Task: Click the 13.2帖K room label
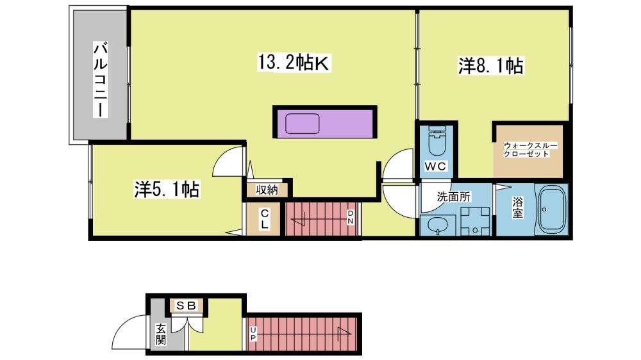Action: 294,63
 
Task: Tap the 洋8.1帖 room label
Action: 490,66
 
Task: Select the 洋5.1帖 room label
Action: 167,189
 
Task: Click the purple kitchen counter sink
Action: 303,124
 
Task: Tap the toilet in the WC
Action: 436,140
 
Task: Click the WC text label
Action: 435,167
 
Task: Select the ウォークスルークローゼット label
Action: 530,149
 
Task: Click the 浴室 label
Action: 517,208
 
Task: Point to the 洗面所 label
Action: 454,197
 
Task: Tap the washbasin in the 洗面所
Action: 437,225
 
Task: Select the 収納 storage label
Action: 267,190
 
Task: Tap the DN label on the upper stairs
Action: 351,217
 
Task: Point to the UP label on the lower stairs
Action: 253,334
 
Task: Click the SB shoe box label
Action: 187,306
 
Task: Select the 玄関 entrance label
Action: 161,334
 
